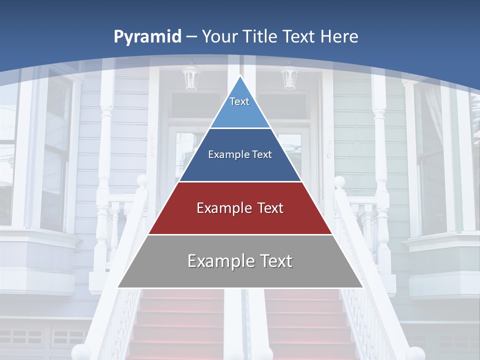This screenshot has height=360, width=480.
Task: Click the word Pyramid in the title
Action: click(147, 37)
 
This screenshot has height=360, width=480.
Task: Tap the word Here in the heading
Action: click(339, 36)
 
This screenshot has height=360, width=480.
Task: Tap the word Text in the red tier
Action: click(266, 208)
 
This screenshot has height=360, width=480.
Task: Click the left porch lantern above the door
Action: click(190, 77)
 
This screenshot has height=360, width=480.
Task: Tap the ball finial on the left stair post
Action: click(142, 180)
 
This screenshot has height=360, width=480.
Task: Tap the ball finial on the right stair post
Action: click(339, 181)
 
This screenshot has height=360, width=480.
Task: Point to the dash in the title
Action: click(191, 37)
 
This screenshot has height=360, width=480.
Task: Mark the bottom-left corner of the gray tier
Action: click(118, 287)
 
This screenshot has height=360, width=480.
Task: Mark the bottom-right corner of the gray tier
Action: click(362, 287)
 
